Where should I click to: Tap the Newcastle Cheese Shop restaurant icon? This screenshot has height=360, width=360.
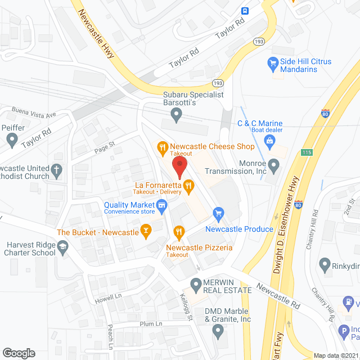(x=163, y=147)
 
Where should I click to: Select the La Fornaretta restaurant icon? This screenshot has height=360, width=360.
(x=188, y=184)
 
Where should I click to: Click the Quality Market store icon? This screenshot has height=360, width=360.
(x=162, y=206)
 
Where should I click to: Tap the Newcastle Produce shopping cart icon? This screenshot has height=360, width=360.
(x=219, y=213)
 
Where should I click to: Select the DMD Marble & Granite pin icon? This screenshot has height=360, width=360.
(x=219, y=332)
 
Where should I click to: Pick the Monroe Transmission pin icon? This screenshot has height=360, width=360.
(x=274, y=166)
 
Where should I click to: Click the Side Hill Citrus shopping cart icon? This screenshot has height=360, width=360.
(x=273, y=64)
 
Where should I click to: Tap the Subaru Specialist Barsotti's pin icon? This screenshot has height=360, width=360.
(x=177, y=116)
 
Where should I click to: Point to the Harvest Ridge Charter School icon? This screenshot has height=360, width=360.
(x=63, y=245)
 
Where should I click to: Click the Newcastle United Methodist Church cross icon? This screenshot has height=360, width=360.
(x=56, y=169)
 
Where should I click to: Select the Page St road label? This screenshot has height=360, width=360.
(x=105, y=146)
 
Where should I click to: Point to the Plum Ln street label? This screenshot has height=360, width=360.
(x=151, y=324)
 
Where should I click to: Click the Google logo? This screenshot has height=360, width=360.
(x=19, y=353)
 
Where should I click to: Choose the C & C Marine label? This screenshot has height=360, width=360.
(x=259, y=124)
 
